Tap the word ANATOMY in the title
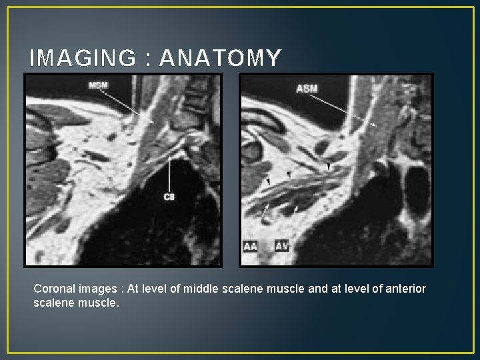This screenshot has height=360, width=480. coord(220,59)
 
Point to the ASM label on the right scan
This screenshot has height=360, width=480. coord(307,88)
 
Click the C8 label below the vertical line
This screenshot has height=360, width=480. coord(169,197)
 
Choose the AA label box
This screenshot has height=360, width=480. coord(251,247)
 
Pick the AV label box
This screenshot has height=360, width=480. coord(282,247)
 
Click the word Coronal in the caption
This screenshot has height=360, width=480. coord(55,289)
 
